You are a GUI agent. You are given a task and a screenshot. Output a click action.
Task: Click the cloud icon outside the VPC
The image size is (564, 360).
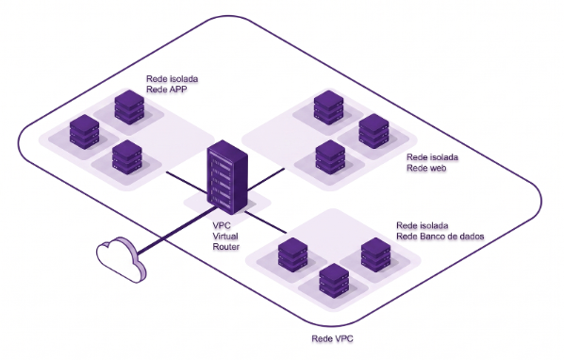click(122, 259)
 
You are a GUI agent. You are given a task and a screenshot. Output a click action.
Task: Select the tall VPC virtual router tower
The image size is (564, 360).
click(227, 177)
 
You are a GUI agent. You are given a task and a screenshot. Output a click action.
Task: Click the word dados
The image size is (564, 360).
click(470, 237)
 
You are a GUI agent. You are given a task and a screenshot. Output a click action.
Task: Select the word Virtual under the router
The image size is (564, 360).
click(225, 237)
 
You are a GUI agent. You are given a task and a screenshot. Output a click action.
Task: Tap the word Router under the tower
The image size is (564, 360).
click(226, 247)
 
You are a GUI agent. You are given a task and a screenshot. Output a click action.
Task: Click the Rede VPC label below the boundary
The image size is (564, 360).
click(332, 338)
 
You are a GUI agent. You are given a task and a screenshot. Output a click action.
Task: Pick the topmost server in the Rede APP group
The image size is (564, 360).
click(129, 107)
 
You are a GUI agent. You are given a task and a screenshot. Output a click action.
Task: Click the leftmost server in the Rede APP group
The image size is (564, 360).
click(84, 132)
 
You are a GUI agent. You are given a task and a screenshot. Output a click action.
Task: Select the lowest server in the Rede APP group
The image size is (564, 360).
click(126, 157)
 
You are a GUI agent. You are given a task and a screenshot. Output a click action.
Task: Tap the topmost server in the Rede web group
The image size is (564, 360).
click(328, 107)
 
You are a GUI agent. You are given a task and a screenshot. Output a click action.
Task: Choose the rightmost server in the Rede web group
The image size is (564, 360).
click(373, 131)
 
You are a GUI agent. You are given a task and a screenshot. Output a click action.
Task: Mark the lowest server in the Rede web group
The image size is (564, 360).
click(330, 157)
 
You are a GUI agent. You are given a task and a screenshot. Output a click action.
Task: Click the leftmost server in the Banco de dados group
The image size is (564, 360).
click(292, 254)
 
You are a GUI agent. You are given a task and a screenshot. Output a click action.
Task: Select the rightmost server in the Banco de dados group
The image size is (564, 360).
click(376, 254)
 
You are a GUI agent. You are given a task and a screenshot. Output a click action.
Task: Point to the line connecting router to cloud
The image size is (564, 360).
click(175, 231)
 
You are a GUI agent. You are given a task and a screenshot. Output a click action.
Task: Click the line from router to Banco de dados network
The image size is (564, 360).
click(265, 222)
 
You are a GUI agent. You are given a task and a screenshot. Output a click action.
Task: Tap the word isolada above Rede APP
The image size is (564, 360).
click(184, 78)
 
